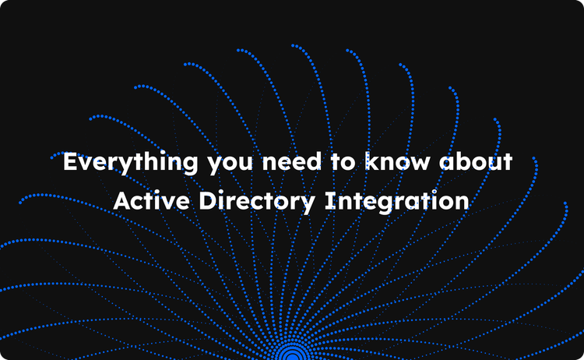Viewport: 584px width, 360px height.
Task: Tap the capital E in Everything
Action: tap(70, 164)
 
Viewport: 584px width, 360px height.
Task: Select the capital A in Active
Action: tap(122, 201)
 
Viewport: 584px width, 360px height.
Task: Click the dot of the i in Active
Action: tap(162, 192)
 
